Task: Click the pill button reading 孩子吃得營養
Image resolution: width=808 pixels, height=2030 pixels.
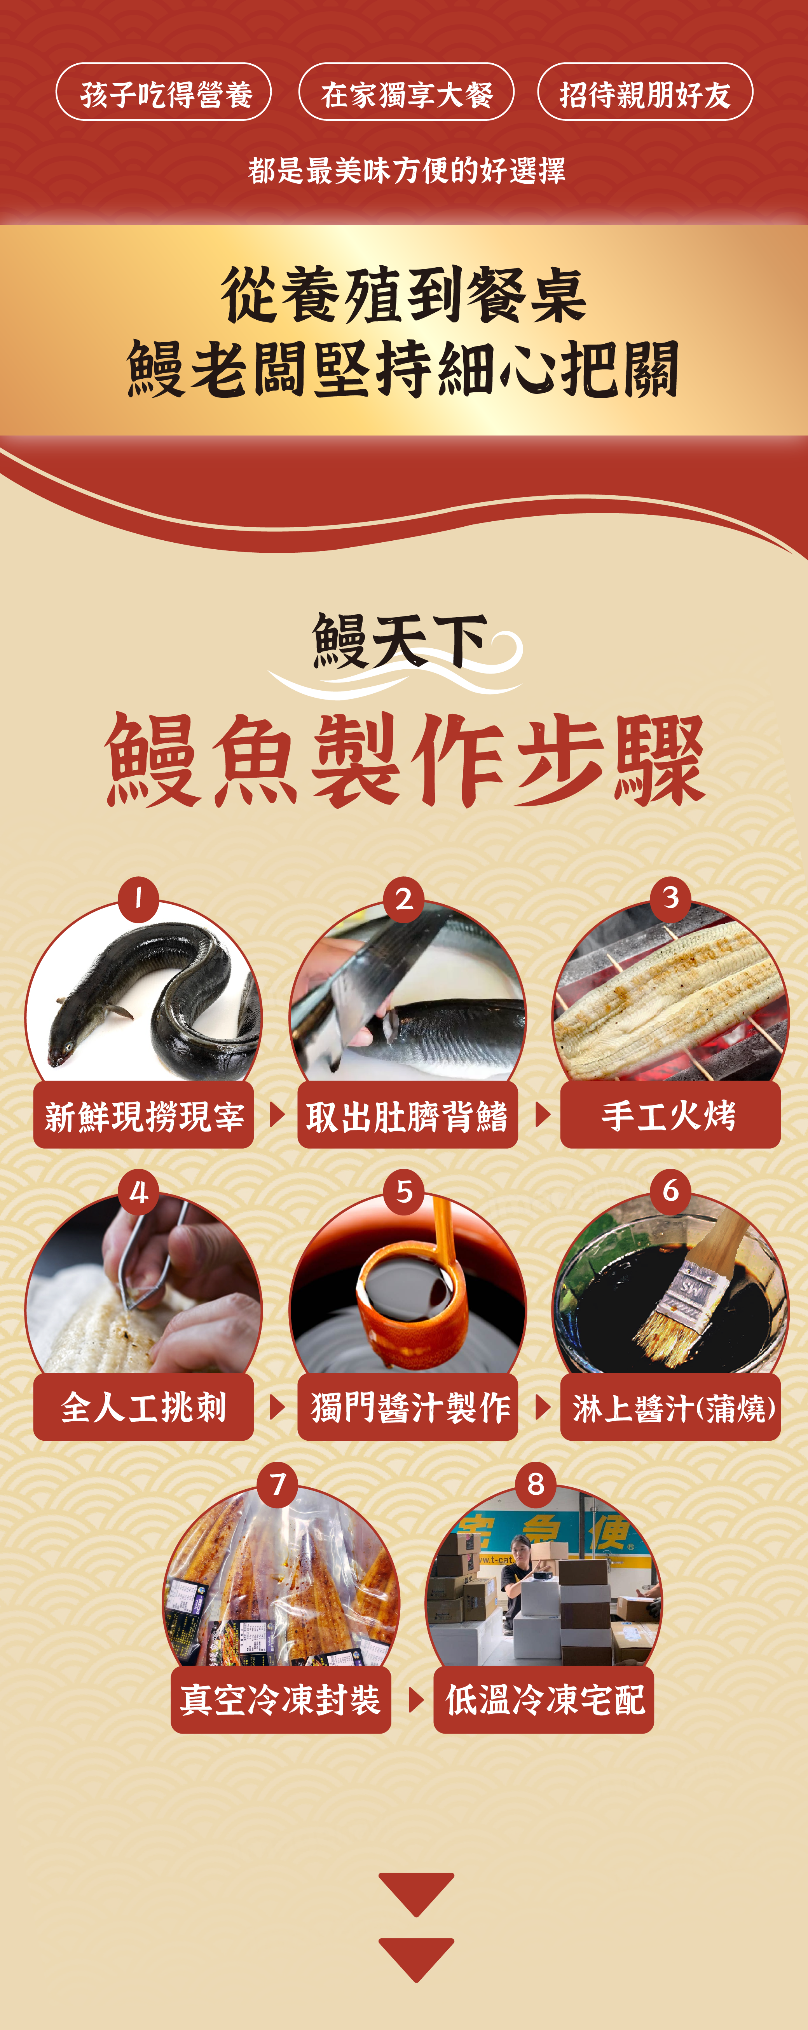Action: click(163, 92)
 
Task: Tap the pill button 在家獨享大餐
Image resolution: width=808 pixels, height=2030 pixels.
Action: click(406, 92)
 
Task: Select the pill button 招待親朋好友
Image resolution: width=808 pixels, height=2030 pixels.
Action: click(645, 92)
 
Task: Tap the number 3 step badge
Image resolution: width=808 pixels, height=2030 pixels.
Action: click(671, 898)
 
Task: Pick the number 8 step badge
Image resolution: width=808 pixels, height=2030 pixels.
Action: click(536, 1484)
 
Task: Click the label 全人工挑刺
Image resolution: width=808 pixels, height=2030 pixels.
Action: click(143, 1407)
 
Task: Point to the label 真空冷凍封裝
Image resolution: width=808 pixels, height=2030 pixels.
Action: click(281, 1700)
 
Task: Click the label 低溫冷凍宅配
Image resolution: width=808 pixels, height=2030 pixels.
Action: click(544, 1700)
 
